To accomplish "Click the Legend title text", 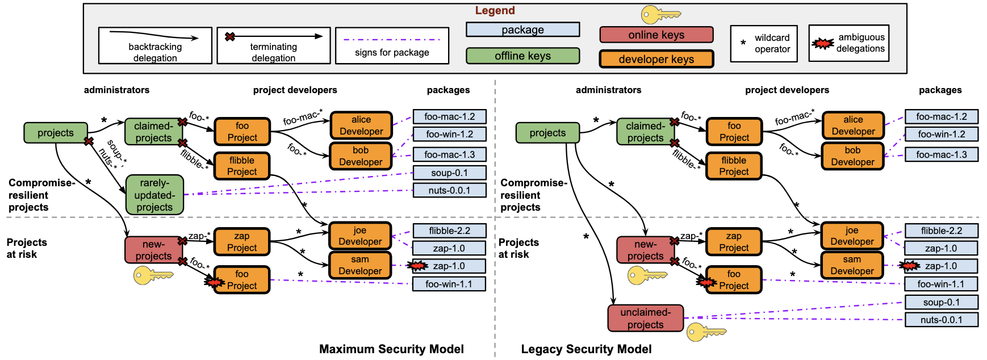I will point(495,11).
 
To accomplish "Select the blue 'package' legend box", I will point(522,30).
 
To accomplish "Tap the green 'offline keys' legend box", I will point(522,56).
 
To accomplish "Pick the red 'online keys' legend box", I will point(656,35).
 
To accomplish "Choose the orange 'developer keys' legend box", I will point(656,59).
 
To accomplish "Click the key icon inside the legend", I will point(660,15).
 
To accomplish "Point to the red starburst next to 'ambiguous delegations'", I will point(822,43).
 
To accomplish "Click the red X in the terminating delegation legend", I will point(230,37).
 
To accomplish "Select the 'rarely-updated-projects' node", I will point(154,195).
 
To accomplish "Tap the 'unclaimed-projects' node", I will point(645,318).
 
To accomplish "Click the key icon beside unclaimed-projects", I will point(706,332).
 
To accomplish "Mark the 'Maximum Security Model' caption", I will point(391,349).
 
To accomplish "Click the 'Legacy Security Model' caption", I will point(586,349).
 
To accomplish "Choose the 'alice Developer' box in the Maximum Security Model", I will point(361,125).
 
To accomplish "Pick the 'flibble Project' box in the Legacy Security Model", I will point(734,166).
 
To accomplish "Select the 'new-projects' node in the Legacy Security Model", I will point(645,250).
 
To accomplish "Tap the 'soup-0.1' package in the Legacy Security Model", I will point(941,302).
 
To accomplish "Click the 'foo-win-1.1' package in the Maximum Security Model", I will point(449,284).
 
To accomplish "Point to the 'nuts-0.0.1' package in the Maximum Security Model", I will point(449,190).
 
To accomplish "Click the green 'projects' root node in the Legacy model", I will point(547,133).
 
